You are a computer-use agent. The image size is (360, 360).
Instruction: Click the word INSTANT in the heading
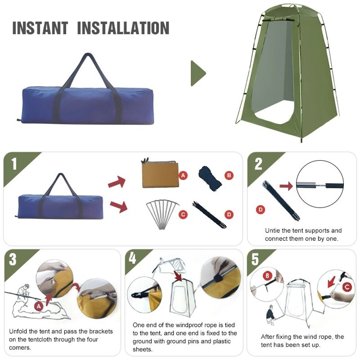40,28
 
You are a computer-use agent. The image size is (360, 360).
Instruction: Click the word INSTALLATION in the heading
123,28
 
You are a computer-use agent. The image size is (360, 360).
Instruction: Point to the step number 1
14,164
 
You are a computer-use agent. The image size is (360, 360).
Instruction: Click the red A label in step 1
183,175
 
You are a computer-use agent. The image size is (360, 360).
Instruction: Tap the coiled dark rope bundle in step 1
210,177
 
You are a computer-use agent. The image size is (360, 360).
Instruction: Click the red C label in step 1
183,215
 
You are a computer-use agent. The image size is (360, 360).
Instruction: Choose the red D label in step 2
260,210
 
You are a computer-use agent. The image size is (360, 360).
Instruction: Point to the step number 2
258,164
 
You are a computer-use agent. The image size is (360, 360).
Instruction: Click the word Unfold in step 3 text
18,331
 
